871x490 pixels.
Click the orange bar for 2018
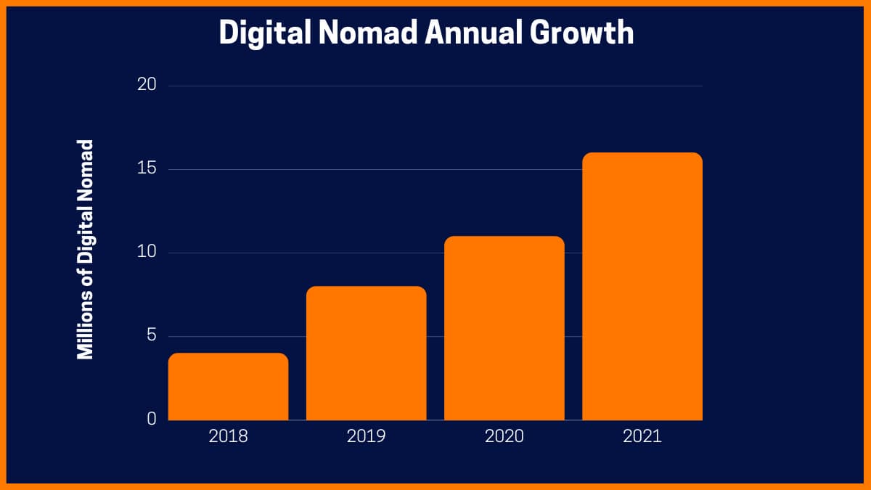pyautogui.click(x=228, y=387)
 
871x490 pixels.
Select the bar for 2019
pyautogui.click(x=366, y=354)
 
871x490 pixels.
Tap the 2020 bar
pyautogui.click(x=504, y=328)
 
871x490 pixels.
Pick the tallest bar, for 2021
pyautogui.click(x=642, y=287)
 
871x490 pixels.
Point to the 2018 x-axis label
pyautogui.click(x=228, y=436)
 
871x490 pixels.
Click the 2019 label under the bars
pyautogui.click(x=366, y=436)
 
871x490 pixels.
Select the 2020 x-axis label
pyautogui.click(x=504, y=436)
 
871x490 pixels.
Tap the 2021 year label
pyautogui.click(x=642, y=436)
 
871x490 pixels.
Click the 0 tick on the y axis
pyautogui.click(x=152, y=419)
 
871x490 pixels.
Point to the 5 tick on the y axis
pyautogui.click(x=152, y=336)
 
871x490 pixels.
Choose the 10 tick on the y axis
pyautogui.click(x=147, y=253)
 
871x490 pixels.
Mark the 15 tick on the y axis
pyautogui.click(x=147, y=169)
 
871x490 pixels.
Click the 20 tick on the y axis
pyautogui.click(x=147, y=85)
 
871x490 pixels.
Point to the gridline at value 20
pyautogui.click(x=435, y=86)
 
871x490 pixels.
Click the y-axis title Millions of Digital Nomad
pyautogui.click(x=86, y=249)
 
